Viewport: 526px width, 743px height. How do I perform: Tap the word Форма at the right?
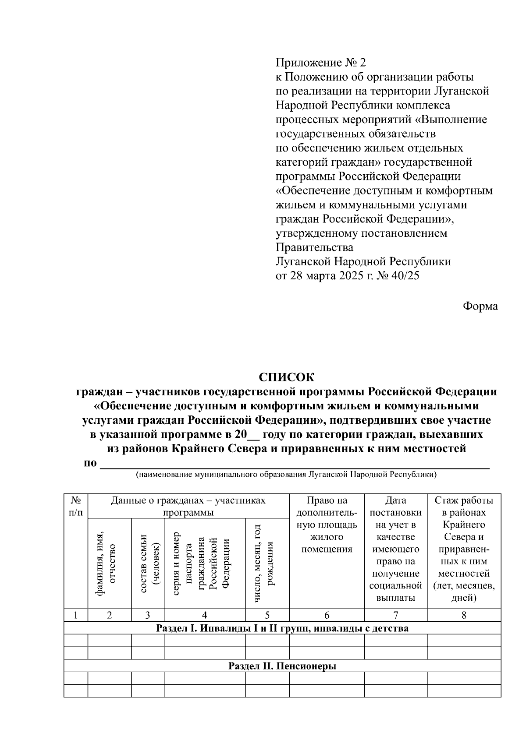pyautogui.click(x=480, y=306)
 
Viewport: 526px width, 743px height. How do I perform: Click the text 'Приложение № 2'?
pyautogui.click(x=320, y=63)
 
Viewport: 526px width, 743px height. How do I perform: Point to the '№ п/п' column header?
pyautogui.click(x=76, y=506)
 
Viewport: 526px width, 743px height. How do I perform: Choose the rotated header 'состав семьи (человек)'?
pyautogui.click(x=149, y=563)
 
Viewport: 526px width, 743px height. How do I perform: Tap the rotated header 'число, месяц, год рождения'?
pyautogui.click(x=264, y=563)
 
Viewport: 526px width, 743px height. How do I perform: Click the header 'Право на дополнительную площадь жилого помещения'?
pyautogui.click(x=327, y=525)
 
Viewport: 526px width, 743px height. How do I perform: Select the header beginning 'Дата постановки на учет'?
pyautogui.click(x=395, y=549)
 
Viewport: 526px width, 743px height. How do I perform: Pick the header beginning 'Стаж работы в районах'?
pyautogui.click(x=464, y=549)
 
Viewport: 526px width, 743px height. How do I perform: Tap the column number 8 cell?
pyautogui.click(x=464, y=615)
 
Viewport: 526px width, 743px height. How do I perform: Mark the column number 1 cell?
pyautogui.click(x=76, y=615)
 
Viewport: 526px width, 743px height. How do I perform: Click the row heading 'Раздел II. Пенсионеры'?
pyautogui.click(x=282, y=666)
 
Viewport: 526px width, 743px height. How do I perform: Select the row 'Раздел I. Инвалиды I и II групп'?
pyautogui.click(x=282, y=629)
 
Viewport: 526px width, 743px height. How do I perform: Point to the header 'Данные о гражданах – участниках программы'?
pyautogui.click(x=188, y=506)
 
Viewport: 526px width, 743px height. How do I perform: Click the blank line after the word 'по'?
pyautogui.click(x=295, y=465)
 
